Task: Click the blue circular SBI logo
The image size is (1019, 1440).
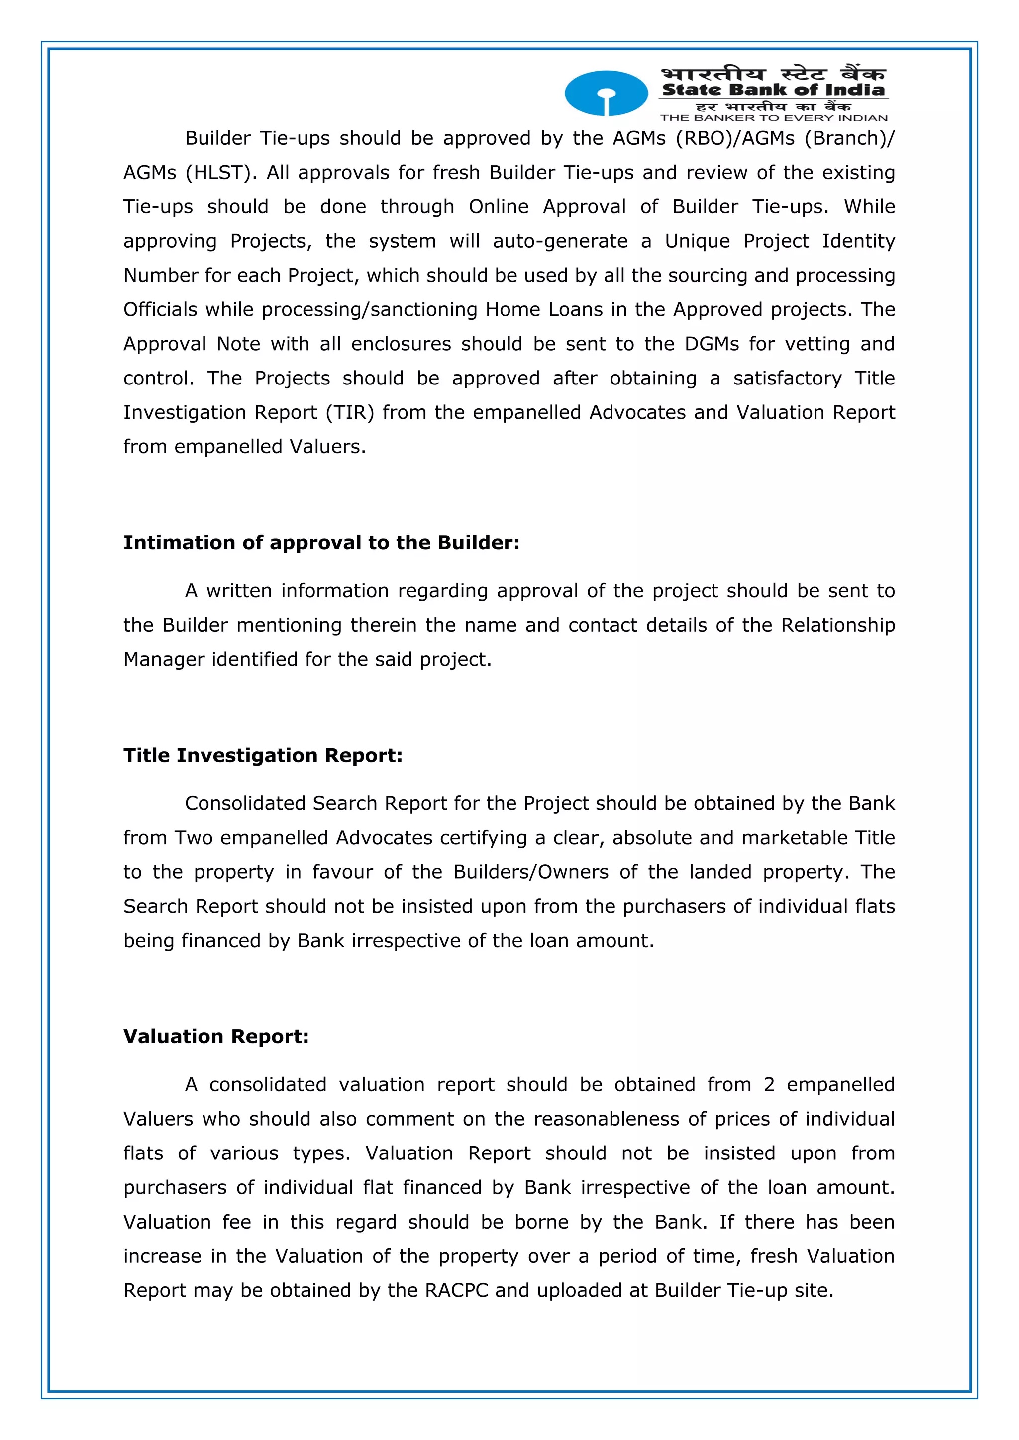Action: (x=606, y=93)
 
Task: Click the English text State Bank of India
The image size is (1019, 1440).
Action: (x=773, y=90)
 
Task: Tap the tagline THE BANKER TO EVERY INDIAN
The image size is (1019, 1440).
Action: (x=773, y=118)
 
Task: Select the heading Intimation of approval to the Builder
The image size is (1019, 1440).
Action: (x=321, y=543)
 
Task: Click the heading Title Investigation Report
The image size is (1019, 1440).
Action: (x=262, y=755)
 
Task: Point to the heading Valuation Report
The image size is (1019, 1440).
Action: (x=216, y=1036)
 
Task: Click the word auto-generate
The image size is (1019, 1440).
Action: (x=560, y=241)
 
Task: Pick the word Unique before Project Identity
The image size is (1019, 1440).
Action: (x=697, y=241)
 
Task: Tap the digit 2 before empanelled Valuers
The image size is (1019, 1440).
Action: (x=769, y=1085)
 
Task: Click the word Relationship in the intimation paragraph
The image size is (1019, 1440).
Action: (x=838, y=625)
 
